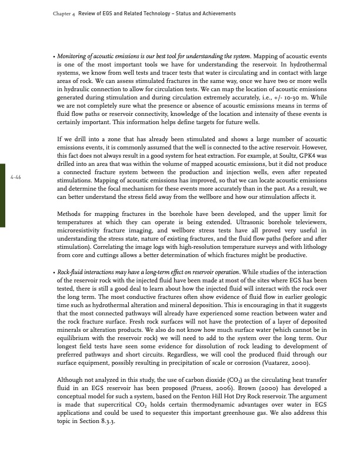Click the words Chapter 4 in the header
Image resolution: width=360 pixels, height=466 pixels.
[57, 14]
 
